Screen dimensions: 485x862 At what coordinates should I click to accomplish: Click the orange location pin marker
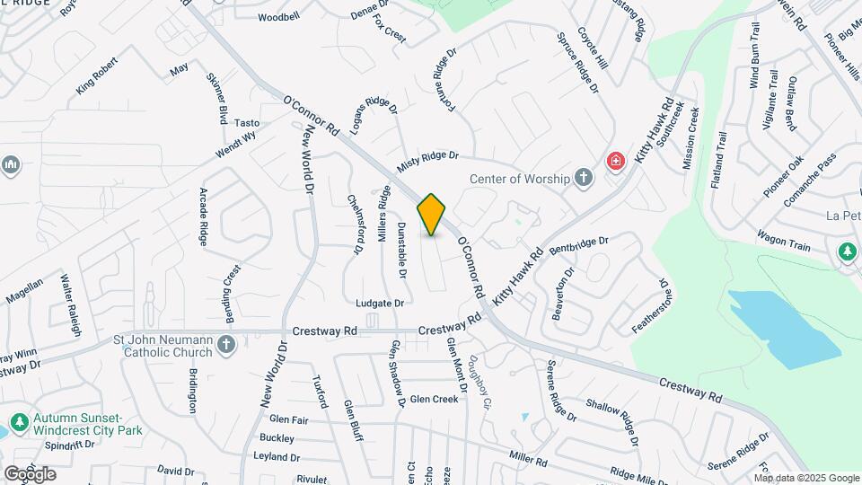[x=432, y=214]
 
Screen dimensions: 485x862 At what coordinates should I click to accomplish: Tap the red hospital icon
[x=616, y=162]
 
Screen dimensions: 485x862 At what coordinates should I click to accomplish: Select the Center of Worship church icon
[x=584, y=177]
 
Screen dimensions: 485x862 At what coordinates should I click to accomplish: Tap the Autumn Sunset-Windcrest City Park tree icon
[x=18, y=421]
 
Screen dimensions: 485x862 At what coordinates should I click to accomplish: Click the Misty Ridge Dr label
[x=427, y=163]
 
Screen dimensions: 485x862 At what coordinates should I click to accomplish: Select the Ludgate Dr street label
[x=380, y=304]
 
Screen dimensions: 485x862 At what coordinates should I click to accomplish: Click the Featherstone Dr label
[x=651, y=305]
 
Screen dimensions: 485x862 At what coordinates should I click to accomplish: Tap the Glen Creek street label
[x=434, y=399]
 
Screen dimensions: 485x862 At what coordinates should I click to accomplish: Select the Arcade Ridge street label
[x=203, y=216]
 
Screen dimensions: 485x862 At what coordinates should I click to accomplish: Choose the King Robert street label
[x=98, y=78]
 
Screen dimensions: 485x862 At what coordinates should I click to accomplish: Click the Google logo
[x=29, y=473]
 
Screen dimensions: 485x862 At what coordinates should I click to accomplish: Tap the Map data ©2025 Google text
[x=806, y=478]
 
